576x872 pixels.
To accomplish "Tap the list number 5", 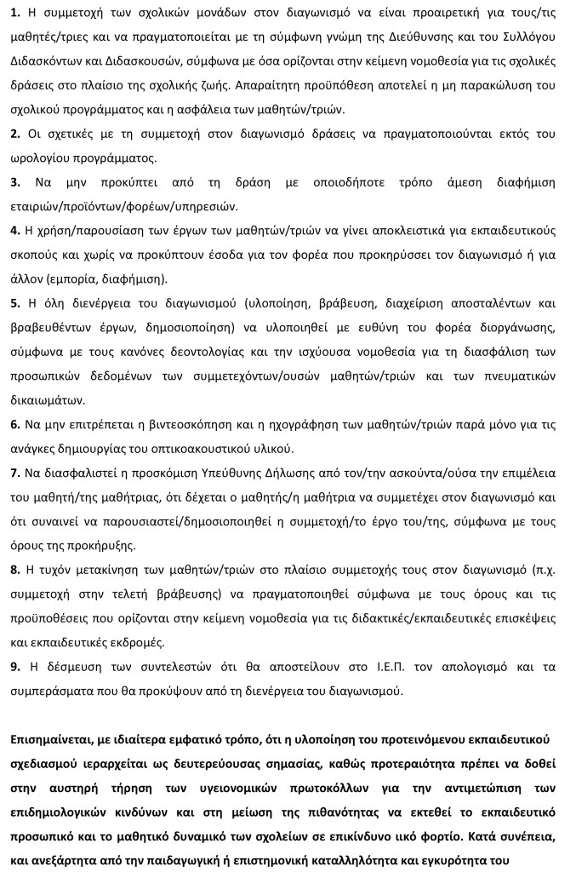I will coord(14,302).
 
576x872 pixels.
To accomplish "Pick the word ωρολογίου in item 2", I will coord(40,158).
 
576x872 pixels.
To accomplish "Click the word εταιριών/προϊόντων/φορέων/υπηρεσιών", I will coord(124,206).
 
